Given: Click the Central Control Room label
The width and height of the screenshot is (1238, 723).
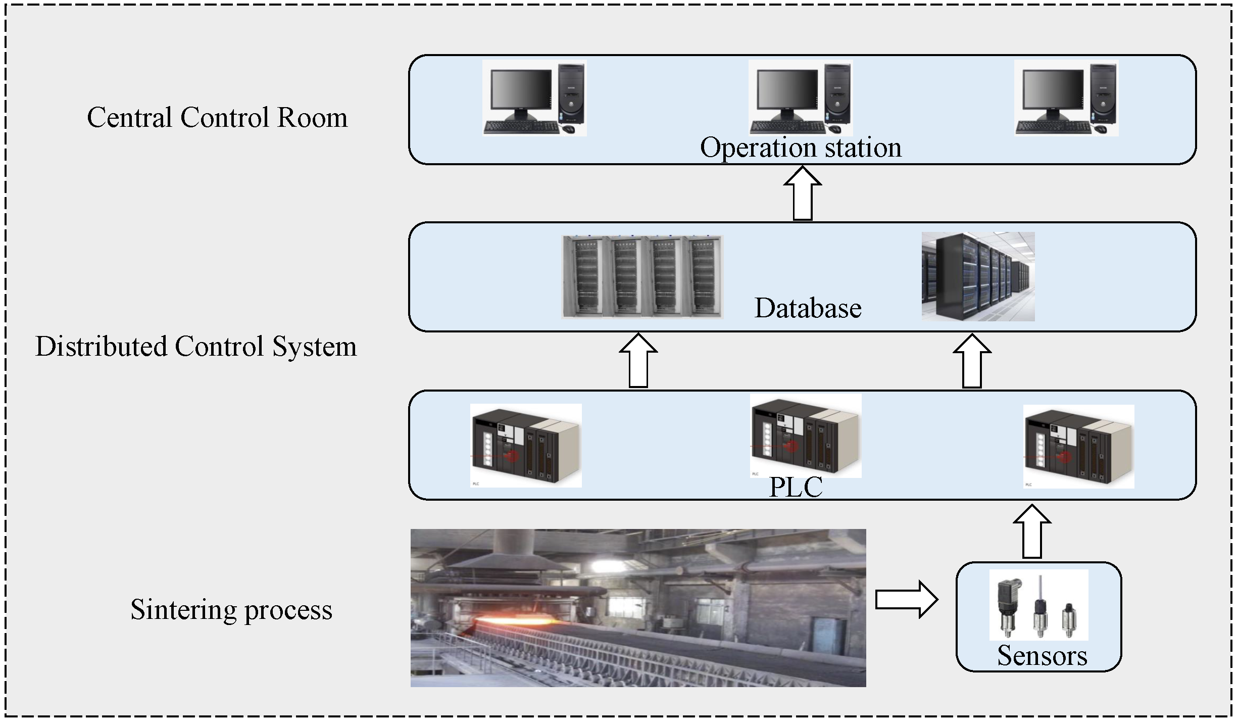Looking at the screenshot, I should (x=217, y=118).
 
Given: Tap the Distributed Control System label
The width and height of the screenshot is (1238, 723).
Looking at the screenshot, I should (x=196, y=347).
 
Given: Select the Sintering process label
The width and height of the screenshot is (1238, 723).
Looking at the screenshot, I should (x=231, y=609).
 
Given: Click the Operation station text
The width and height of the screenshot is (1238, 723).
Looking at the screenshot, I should (x=801, y=148).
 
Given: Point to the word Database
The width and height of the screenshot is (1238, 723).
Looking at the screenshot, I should (x=808, y=308).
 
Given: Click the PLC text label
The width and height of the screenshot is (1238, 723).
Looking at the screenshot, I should (x=796, y=487).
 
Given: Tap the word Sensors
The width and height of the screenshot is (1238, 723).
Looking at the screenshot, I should (x=1042, y=655).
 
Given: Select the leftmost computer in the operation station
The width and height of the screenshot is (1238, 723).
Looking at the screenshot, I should (x=534, y=98).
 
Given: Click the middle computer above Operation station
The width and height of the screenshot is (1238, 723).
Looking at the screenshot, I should (x=801, y=98).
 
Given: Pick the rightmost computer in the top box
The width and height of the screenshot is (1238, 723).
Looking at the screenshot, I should (x=1066, y=98).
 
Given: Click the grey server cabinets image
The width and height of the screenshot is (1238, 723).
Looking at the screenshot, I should (x=642, y=277).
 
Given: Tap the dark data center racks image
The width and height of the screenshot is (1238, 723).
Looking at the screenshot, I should (x=978, y=276).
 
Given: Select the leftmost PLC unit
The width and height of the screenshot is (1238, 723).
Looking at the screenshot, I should (x=526, y=445).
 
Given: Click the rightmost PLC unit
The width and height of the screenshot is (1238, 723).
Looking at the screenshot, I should (x=1078, y=446).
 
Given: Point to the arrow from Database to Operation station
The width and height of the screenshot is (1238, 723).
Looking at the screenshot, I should (x=802, y=194).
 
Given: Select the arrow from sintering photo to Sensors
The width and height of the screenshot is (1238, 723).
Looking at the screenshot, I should (x=906, y=600).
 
